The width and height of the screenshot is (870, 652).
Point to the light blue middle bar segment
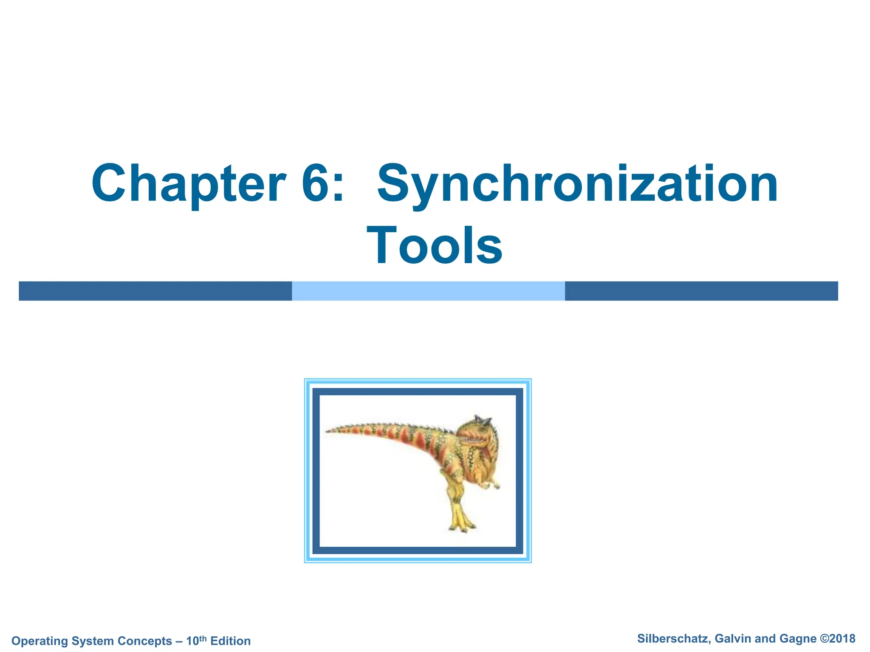[x=428, y=291]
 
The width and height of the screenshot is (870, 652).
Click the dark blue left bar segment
[x=155, y=291]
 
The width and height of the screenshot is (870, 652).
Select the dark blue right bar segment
[x=701, y=291]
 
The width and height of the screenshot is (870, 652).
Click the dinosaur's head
[x=478, y=433]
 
